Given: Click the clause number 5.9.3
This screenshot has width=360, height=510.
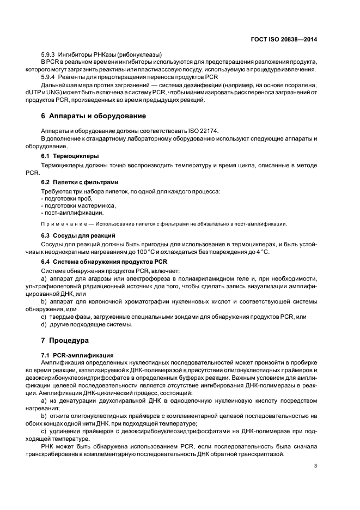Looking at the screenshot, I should (49, 54).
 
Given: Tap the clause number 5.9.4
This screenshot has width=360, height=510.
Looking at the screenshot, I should (49, 77).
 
